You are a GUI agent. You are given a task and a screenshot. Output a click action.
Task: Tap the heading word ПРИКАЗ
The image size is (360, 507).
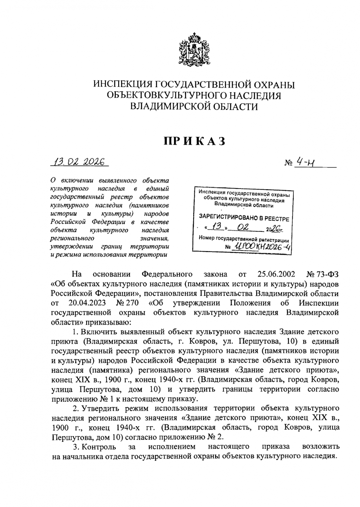pos(194,141)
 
